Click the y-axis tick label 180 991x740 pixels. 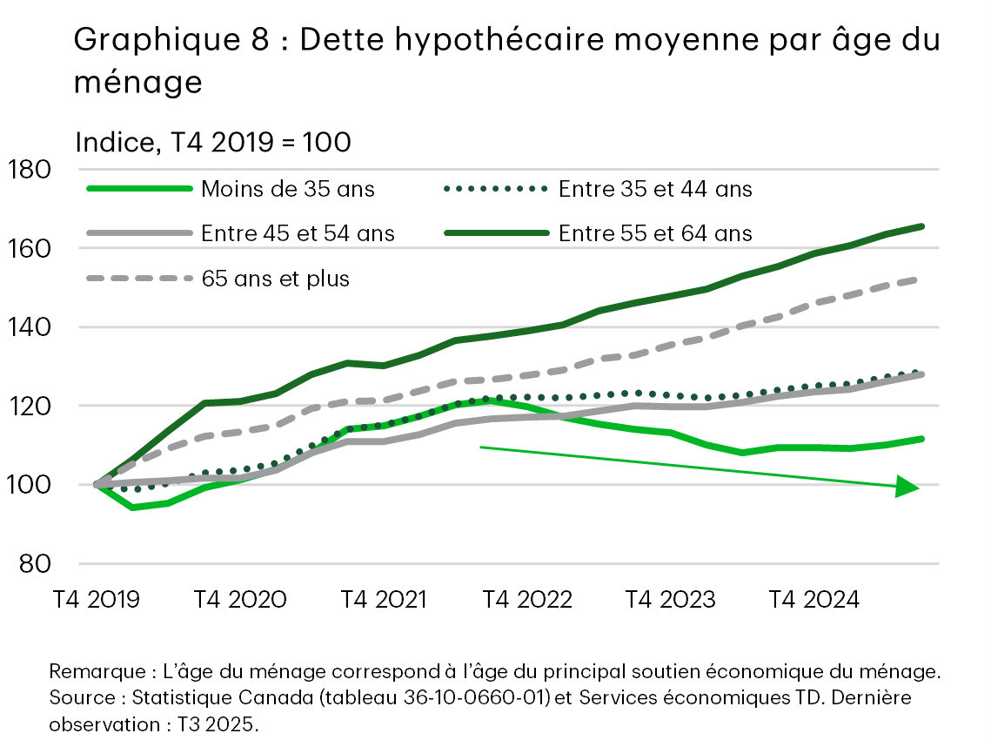31,169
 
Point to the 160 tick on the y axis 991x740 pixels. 31,248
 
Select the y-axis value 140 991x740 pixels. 31,327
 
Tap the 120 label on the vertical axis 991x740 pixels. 31,406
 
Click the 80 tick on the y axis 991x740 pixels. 37,564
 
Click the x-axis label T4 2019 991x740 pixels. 96,600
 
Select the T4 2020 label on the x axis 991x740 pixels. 239,600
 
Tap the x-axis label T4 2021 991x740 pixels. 383,600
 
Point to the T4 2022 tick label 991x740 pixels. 527,600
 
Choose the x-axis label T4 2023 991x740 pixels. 671,600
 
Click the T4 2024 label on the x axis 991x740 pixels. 814,600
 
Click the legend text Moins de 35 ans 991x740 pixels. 288,188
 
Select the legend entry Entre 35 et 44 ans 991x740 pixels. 655,188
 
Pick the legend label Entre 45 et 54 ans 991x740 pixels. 298,233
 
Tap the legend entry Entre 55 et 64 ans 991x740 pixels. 655,233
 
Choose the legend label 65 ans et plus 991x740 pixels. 275,279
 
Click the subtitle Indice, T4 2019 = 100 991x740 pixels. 213,142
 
